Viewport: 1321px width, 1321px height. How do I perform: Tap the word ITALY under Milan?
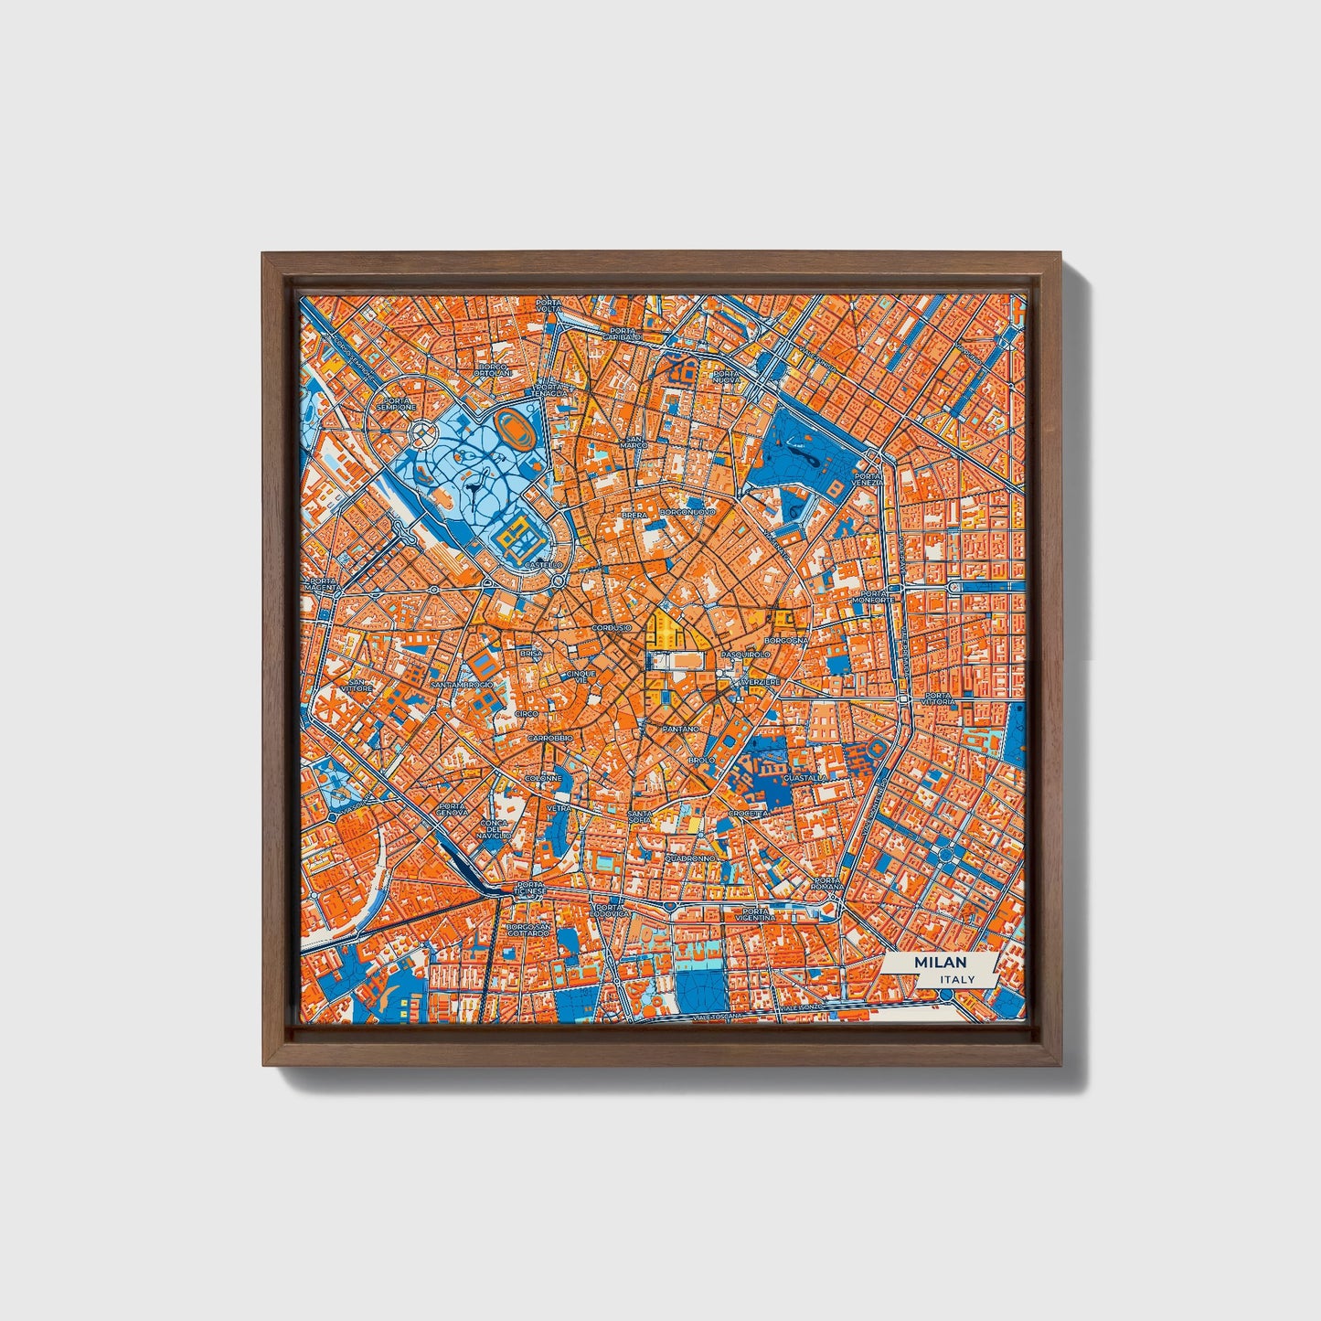click(956, 979)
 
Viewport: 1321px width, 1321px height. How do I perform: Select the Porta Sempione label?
click(399, 403)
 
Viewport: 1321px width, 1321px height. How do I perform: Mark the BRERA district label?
click(634, 516)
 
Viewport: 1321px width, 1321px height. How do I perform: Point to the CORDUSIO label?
click(611, 628)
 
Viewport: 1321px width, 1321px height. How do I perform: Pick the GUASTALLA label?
click(805, 778)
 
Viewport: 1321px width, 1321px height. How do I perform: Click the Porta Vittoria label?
click(939, 698)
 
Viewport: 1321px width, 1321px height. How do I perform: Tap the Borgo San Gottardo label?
click(529, 931)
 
